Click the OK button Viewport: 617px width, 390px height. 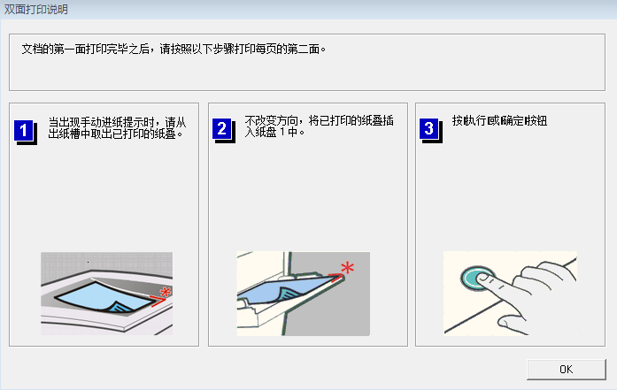pos(565,368)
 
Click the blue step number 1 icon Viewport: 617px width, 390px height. pos(25,130)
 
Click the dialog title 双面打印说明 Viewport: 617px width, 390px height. pos(35,10)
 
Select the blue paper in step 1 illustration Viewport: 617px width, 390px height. pos(93,296)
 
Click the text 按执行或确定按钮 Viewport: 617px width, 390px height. pos(499,121)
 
